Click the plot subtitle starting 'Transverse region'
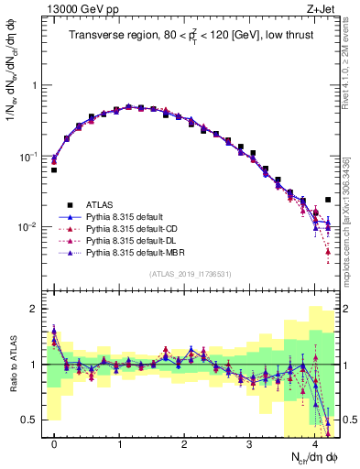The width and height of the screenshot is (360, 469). [190, 37]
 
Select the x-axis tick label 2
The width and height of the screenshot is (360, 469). [185, 444]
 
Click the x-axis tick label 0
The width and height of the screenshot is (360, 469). [54, 444]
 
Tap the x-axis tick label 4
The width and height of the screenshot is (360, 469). [315, 444]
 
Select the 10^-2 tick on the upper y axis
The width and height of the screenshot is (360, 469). [27, 227]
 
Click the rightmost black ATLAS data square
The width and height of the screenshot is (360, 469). [328, 199]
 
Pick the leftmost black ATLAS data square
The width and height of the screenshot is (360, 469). [54, 170]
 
